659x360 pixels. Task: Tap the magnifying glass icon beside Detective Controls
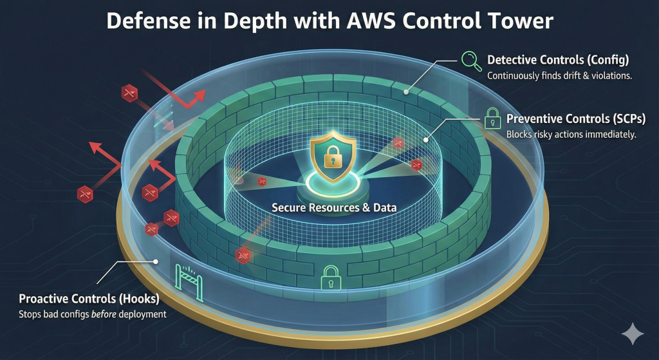(472, 61)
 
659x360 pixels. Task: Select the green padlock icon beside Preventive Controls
(492, 118)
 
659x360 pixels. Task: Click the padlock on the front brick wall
(330, 277)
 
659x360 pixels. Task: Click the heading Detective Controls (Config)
(557, 61)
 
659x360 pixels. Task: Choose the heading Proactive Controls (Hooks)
(89, 299)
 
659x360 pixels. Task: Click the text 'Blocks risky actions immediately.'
(571, 135)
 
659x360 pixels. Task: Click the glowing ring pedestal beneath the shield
(329, 184)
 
